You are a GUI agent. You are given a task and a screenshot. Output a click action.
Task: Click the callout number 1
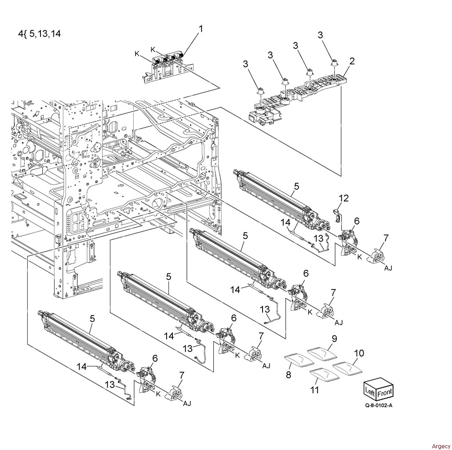point(201,29)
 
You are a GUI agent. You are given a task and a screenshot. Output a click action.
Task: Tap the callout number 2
point(352,61)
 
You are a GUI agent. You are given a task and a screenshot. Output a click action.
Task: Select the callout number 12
point(343,198)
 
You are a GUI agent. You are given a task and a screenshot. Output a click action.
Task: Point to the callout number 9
point(334,338)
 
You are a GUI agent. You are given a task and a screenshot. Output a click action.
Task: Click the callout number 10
point(359,353)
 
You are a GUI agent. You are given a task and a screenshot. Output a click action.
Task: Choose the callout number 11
point(314,390)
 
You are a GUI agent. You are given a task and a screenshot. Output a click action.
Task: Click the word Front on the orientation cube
point(385,392)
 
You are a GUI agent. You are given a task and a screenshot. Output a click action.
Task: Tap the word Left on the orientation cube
point(370,391)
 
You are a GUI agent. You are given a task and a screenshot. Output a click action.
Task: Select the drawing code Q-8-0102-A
point(379,406)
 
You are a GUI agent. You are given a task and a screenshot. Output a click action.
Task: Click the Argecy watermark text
point(441,446)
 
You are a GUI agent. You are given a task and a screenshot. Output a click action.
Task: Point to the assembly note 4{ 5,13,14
point(40,34)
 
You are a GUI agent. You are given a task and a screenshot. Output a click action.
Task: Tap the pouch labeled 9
point(322,353)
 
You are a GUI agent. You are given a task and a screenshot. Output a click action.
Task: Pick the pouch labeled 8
point(299,361)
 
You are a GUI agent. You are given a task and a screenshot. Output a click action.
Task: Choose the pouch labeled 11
point(324,375)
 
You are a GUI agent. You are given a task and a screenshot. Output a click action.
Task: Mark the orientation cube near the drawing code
point(379,388)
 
